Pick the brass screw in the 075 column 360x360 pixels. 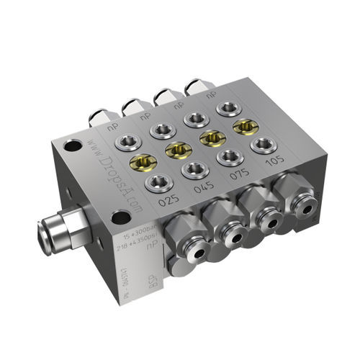click(x=211, y=137)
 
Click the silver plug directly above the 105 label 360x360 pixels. click(x=264, y=145)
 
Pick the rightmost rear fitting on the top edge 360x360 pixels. click(x=194, y=87)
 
